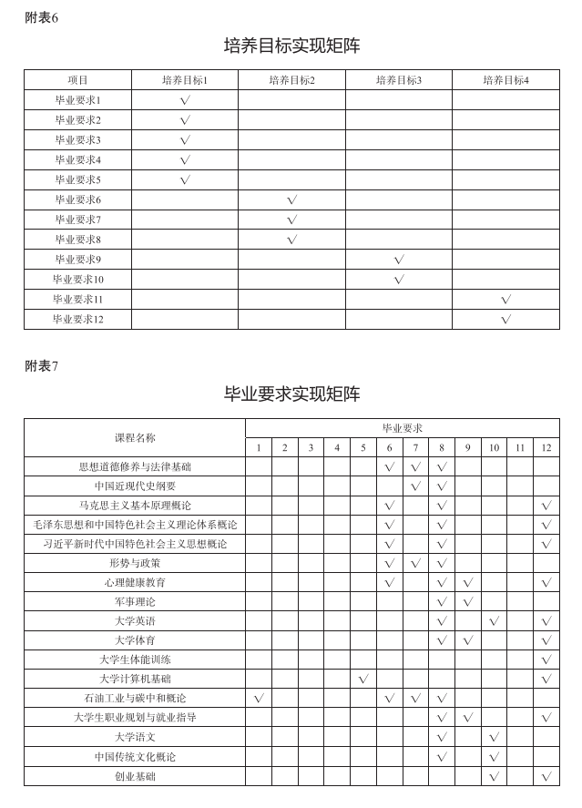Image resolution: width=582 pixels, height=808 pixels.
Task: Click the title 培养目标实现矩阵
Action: pyautogui.click(x=291, y=46)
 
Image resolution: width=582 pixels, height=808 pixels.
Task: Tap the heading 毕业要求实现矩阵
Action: pyautogui.click(x=291, y=394)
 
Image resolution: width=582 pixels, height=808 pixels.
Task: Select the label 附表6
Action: pyautogui.click(x=41, y=18)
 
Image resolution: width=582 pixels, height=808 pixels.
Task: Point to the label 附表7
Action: pyautogui.click(x=41, y=366)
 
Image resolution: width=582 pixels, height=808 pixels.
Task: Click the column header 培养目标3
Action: pyautogui.click(x=399, y=80)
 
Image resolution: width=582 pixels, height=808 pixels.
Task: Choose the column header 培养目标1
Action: pyautogui.click(x=185, y=80)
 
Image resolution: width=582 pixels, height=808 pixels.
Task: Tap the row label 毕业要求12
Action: pyautogui.click(x=77, y=319)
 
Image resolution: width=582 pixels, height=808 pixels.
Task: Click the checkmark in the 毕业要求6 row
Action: pyautogui.click(x=291, y=199)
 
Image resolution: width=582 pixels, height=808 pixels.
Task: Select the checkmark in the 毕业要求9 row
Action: pyautogui.click(x=399, y=260)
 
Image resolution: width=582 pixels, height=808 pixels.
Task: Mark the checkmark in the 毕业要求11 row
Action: pyautogui.click(x=505, y=299)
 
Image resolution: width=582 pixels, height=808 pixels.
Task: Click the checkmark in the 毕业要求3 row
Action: pyautogui.click(x=185, y=140)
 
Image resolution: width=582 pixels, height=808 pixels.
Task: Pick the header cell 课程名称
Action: pyautogui.click(x=135, y=437)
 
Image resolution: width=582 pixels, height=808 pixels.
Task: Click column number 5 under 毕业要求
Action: pyautogui.click(x=363, y=447)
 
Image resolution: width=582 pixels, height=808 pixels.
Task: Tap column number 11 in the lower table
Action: pyautogui.click(x=520, y=447)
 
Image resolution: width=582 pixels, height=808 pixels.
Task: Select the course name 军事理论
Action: pyautogui.click(x=135, y=602)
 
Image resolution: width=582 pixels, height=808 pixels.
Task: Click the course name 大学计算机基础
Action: pyautogui.click(x=135, y=680)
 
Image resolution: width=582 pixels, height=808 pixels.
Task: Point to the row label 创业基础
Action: pyautogui.click(x=135, y=776)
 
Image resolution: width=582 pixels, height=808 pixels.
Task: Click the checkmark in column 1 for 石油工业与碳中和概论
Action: pyautogui.click(x=259, y=699)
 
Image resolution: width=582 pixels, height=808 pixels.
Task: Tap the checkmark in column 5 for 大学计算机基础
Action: pyautogui.click(x=363, y=680)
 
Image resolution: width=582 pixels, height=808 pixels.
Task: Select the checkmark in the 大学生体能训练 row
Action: pyautogui.click(x=546, y=660)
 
